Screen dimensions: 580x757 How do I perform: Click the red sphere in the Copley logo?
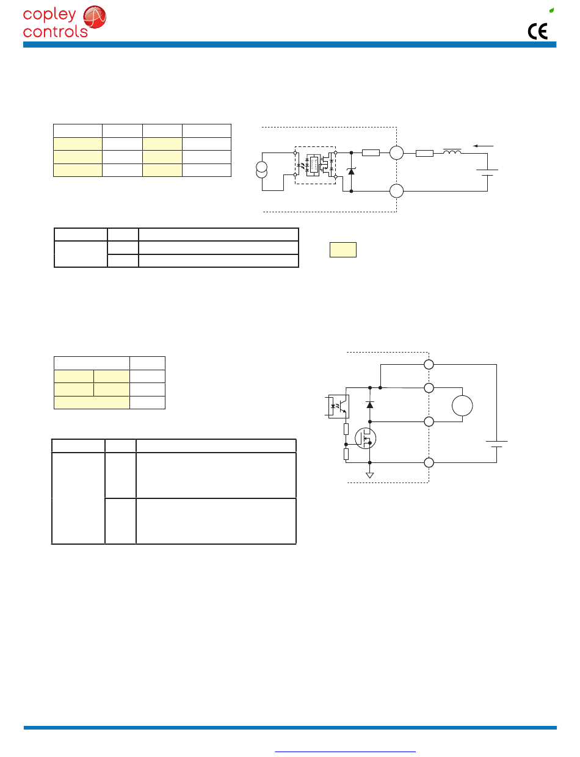point(95,16)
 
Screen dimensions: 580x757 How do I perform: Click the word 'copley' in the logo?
point(49,15)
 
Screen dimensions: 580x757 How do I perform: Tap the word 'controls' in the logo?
point(55,32)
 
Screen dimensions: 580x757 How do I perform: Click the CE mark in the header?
point(537,31)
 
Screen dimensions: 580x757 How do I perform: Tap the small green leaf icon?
point(551,10)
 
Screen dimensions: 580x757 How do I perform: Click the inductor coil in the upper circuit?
point(452,151)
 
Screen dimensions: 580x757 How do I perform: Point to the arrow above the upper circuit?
point(483,146)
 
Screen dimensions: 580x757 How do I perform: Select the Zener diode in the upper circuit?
point(351,171)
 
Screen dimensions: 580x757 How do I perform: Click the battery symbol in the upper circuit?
point(487,173)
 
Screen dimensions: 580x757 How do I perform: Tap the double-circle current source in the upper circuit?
point(261,170)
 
